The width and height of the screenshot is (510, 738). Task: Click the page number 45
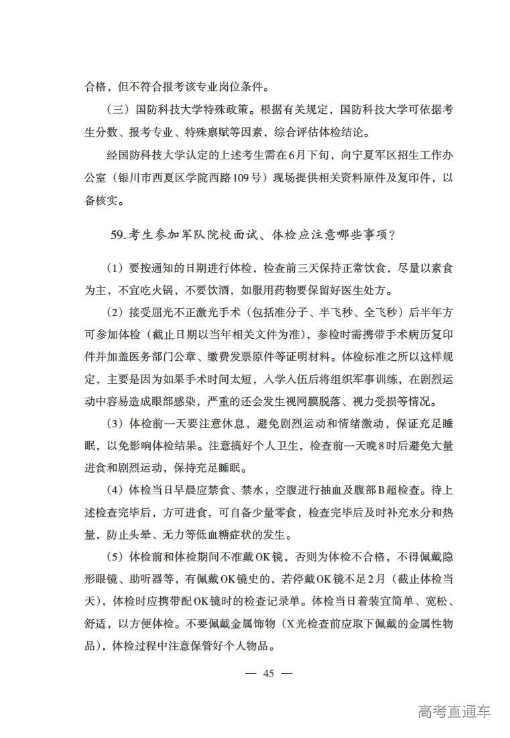point(269,673)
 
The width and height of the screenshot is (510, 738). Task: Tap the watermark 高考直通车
point(453,711)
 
